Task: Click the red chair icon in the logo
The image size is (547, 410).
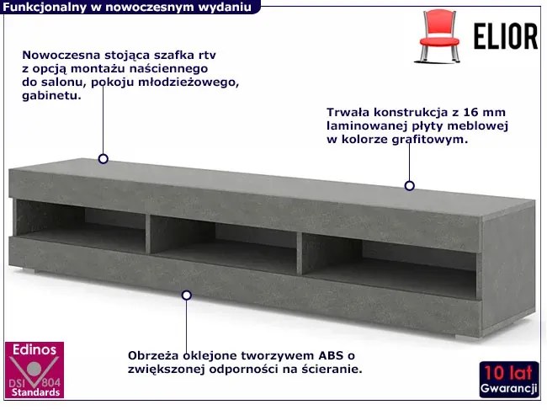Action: click(439, 36)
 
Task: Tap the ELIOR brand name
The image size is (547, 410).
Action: click(506, 37)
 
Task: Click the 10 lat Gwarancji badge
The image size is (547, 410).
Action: click(509, 380)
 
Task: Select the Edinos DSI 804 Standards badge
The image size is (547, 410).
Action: click(35, 370)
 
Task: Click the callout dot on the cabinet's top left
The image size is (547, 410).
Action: click(104, 159)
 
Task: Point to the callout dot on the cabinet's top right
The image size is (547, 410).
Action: click(410, 185)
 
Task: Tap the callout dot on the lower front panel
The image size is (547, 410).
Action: click(187, 296)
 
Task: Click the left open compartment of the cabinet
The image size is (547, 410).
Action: click(81, 226)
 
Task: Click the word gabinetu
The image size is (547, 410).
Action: click(51, 96)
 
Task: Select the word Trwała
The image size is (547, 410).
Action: click(348, 112)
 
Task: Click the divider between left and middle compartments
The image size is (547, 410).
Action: click(148, 234)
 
